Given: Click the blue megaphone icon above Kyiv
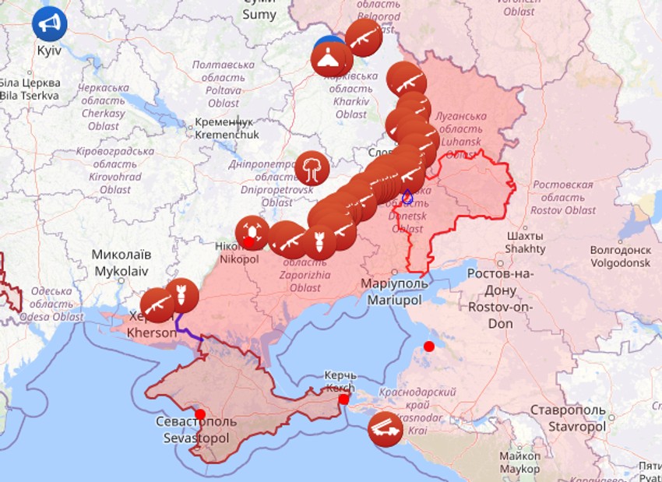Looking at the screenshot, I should [x=50, y=24].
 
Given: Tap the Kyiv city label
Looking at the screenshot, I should [x=48, y=50].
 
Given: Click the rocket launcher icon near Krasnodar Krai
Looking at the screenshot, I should [x=385, y=428].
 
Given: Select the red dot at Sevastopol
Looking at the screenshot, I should [x=200, y=414].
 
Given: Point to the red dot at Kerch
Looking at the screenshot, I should [x=343, y=399].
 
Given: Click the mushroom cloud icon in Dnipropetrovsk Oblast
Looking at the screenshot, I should [x=312, y=168].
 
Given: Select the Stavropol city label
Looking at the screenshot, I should [x=566, y=418].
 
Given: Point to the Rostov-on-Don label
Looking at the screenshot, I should [x=491, y=298].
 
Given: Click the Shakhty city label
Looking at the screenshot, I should [x=525, y=242].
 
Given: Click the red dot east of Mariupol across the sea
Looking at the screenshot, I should [x=429, y=346].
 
